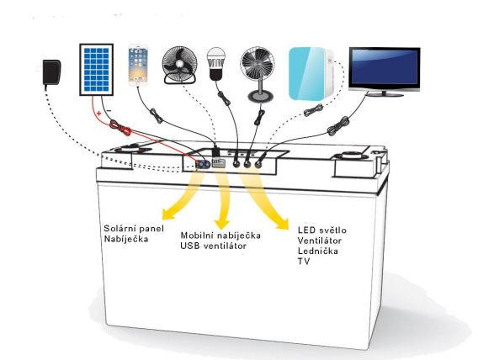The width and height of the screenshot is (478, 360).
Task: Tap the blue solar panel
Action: pos(96,70)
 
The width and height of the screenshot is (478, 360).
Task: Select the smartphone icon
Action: pos(138,65)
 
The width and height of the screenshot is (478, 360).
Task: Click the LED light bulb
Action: pos(215,64)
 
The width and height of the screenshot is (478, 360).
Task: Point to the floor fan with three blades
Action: pos(179,66)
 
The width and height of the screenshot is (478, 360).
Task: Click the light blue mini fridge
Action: pos(311,73)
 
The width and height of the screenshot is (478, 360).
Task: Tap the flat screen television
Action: pos(385,71)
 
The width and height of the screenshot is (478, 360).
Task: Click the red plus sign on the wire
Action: pos(98,114)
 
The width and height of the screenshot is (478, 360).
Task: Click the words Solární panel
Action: pos(134,228)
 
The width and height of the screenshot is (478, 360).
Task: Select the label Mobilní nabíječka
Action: pos(220,236)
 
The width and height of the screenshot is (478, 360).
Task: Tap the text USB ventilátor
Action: pos(213,246)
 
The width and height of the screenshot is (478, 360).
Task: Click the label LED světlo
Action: pos(322,230)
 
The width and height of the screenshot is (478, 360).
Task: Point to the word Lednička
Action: pos(317,251)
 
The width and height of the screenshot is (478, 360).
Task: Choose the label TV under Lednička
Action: pos(304,262)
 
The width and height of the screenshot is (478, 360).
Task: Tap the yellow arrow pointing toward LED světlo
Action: pos(263,201)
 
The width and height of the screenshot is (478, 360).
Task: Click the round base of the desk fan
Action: pos(261,97)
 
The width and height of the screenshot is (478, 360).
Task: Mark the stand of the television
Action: pos(385,93)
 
